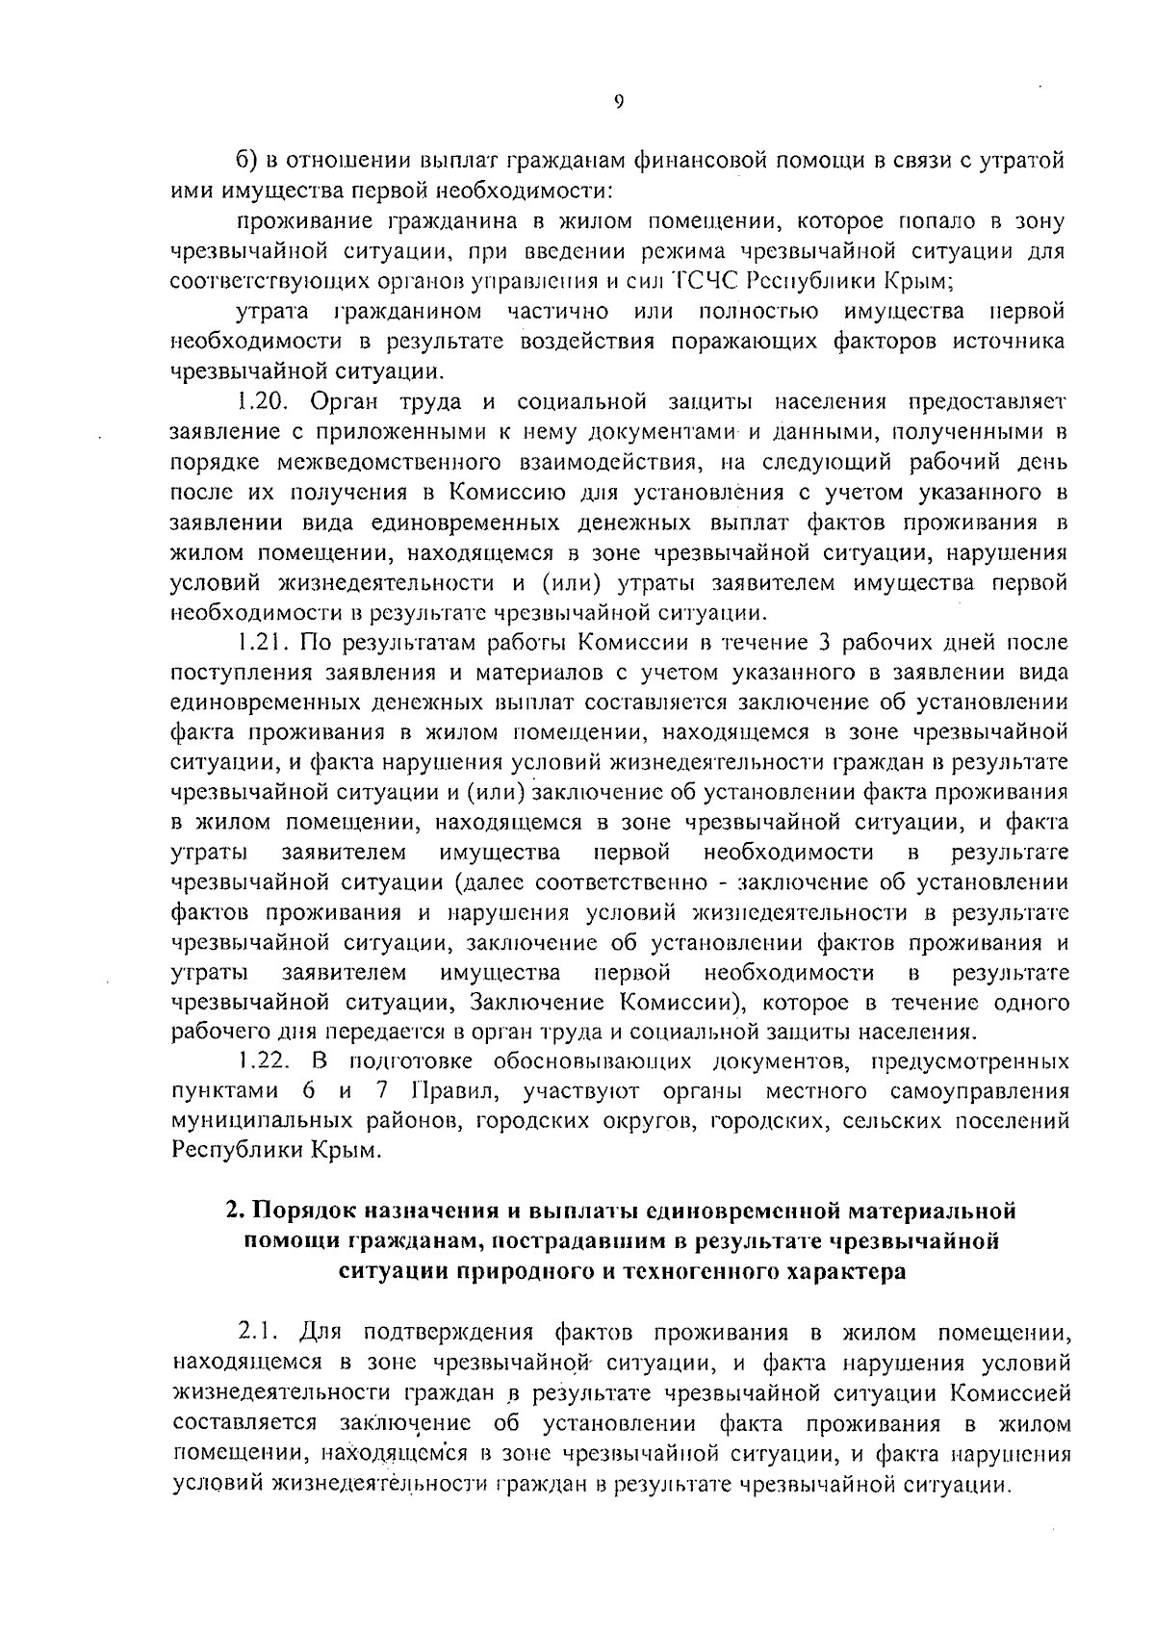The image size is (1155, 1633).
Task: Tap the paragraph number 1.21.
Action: (x=260, y=642)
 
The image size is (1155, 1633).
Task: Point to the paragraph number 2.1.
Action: (x=258, y=1334)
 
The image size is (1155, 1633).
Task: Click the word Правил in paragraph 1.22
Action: (x=443, y=1092)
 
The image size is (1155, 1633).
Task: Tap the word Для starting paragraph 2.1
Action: (x=321, y=1334)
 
